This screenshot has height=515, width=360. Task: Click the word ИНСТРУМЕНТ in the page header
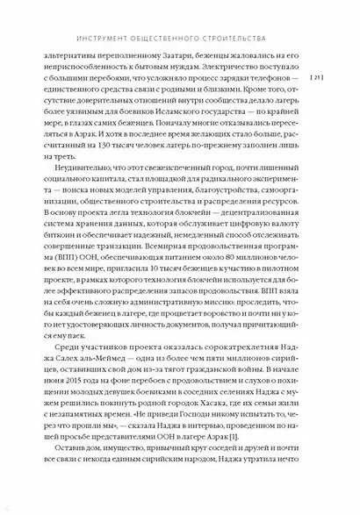103,38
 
